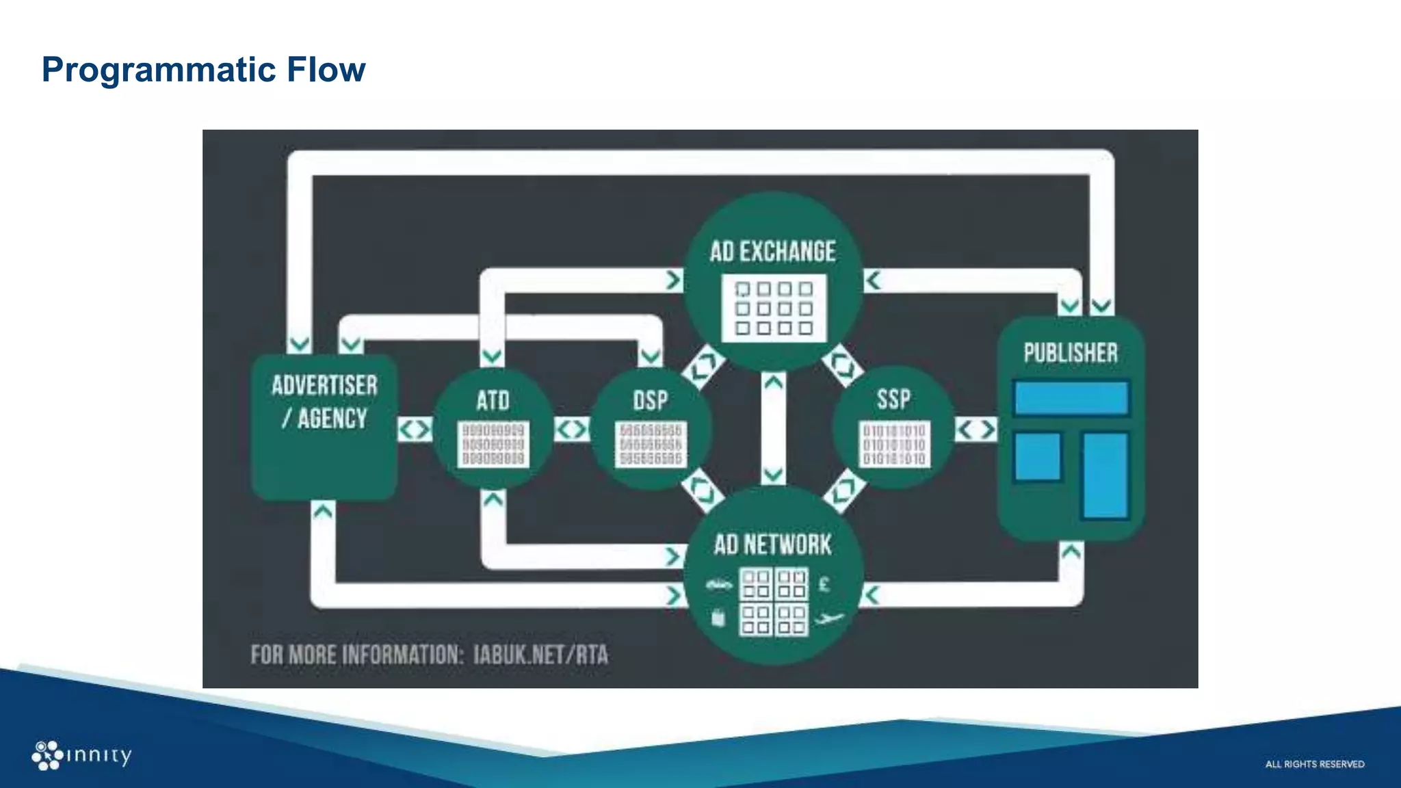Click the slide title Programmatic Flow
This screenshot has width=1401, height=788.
203,70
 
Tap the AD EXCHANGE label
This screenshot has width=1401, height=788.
772,252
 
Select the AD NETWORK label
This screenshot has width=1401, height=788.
772,545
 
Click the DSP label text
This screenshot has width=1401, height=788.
650,401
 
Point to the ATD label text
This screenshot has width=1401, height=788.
493,401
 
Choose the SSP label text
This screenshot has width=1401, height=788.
893,399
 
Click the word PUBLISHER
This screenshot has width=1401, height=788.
1071,353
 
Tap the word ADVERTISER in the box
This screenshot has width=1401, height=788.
324,386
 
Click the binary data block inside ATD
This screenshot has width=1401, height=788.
493,444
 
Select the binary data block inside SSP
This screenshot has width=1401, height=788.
894,445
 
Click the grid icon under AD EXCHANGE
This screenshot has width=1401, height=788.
774,308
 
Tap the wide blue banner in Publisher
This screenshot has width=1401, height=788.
1071,398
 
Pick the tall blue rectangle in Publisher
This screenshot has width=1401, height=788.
1105,475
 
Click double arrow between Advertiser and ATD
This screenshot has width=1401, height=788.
415,430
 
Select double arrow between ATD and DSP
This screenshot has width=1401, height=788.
571,430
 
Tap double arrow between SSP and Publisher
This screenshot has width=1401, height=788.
976,430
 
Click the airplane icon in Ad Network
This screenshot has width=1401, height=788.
829,620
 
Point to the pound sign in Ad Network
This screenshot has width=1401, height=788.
824,584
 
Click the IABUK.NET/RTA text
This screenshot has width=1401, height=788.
540,655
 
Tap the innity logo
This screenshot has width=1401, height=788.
81,755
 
